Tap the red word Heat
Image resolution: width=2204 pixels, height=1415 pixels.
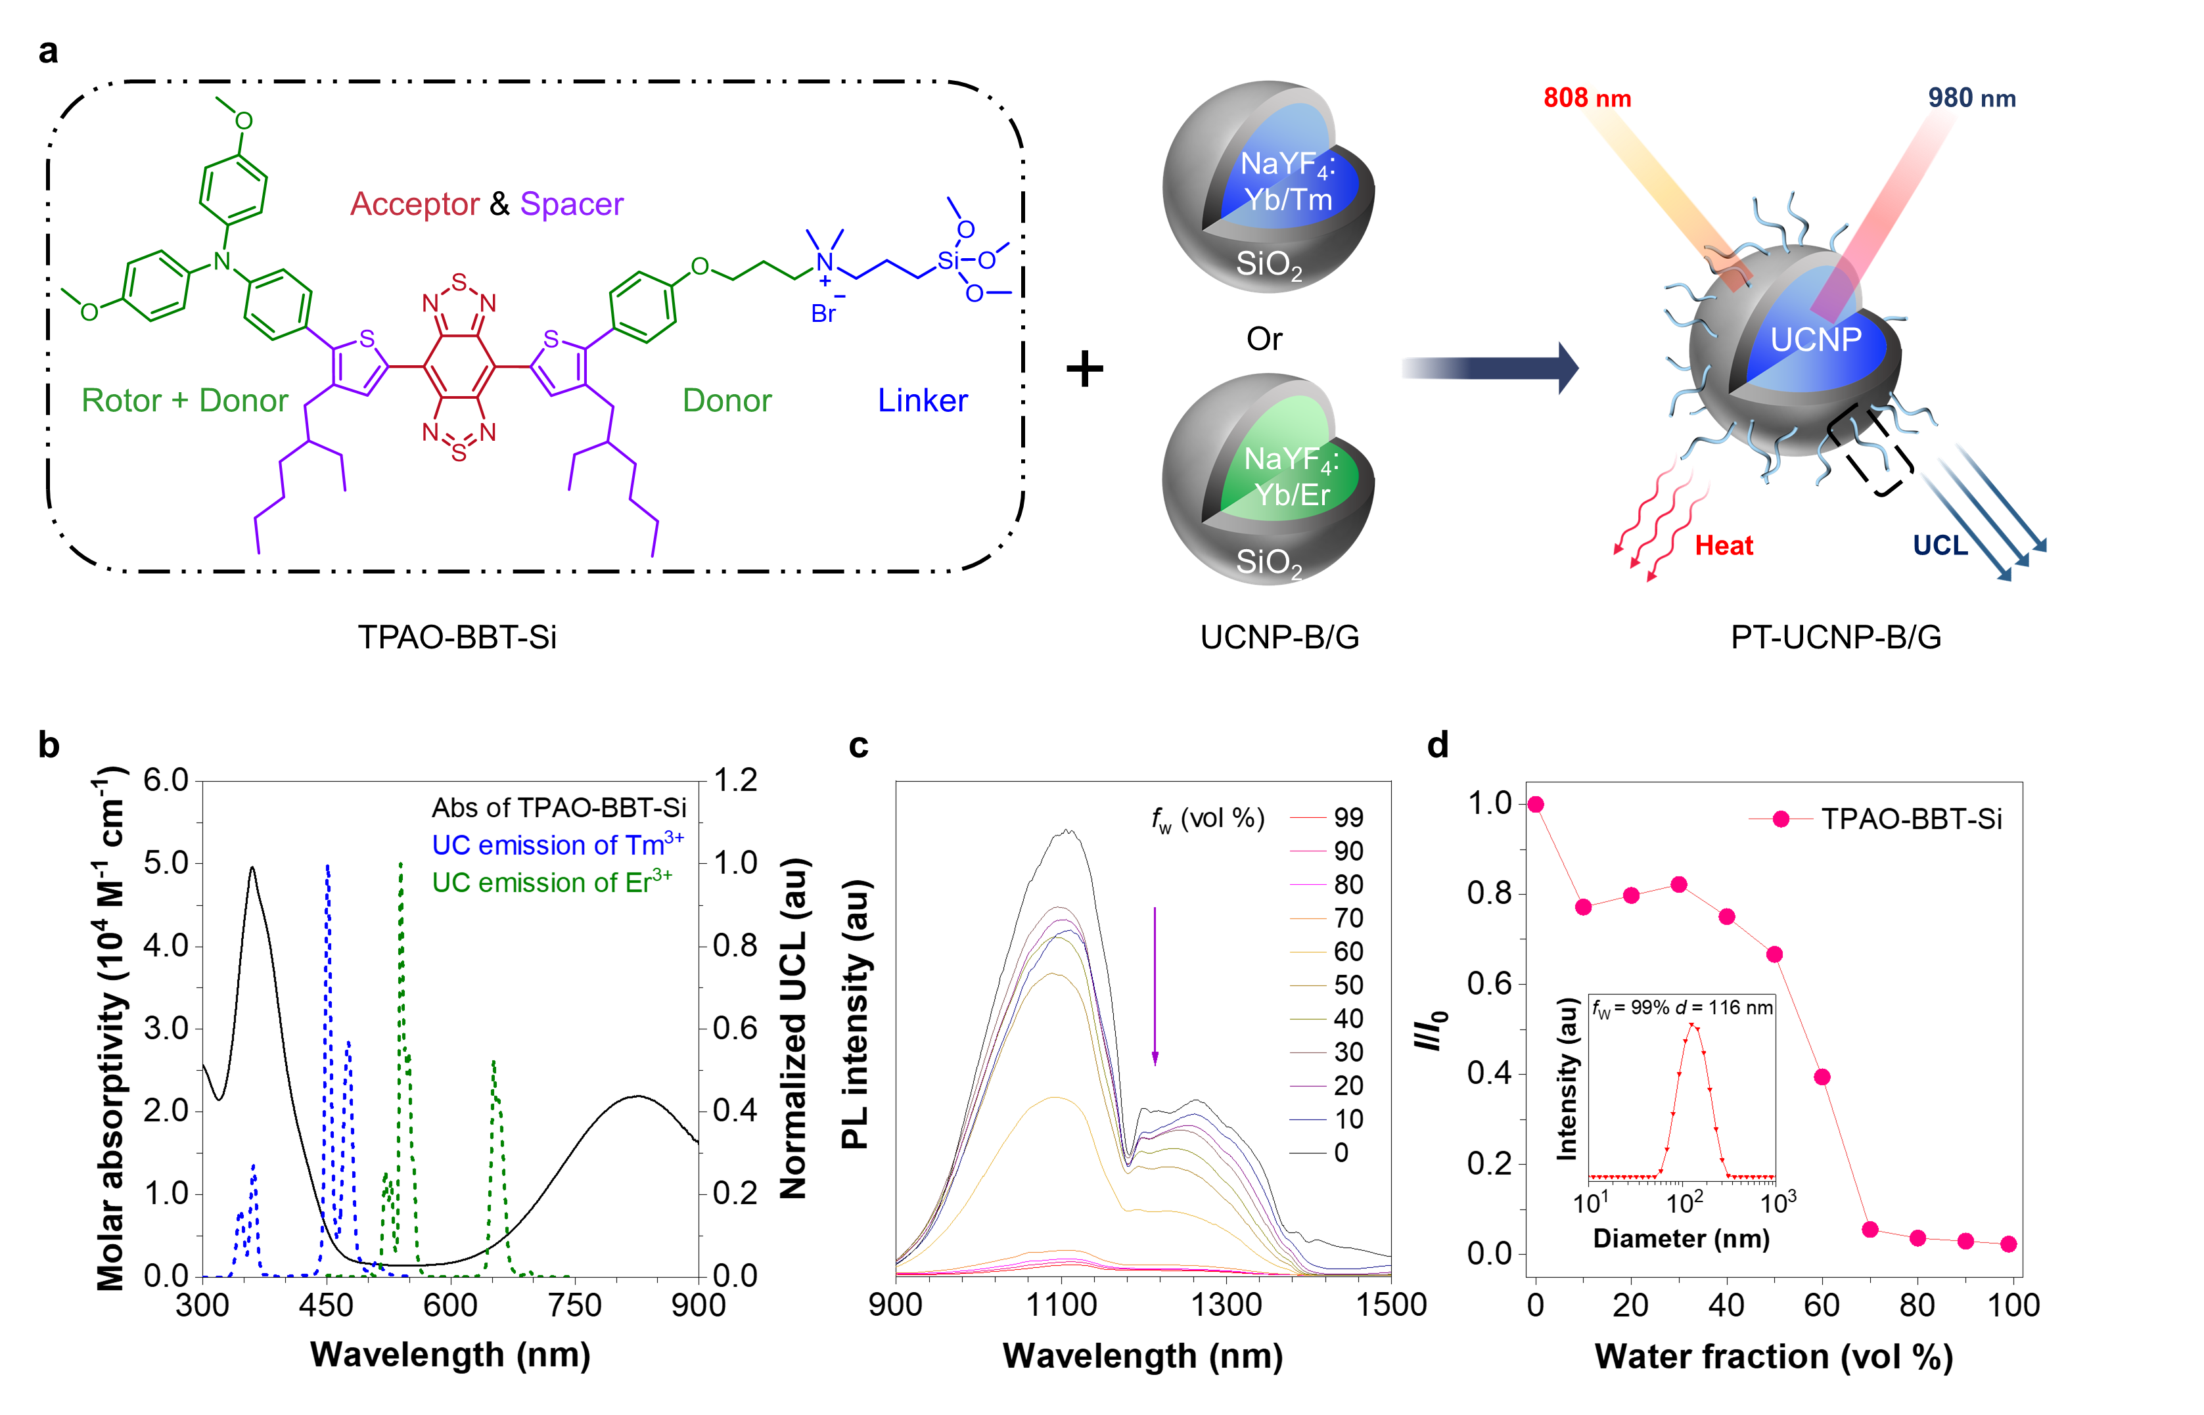point(1723,546)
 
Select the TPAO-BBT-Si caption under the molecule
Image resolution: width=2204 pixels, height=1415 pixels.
point(457,637)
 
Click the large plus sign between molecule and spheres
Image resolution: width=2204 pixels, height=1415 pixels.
point(1084,369)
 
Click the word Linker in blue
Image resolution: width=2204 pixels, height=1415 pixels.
point(922,401)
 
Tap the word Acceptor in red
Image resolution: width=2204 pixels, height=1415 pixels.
point(415,204)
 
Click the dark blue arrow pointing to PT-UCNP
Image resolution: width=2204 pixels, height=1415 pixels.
point(1489,369)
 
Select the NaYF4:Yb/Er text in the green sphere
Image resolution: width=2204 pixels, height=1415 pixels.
point(1291,477)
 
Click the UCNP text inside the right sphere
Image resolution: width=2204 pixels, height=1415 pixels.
point(1815,340)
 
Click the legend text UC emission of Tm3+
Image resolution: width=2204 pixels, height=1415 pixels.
point(557,844)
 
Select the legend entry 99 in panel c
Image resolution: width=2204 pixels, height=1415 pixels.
point(1348,818)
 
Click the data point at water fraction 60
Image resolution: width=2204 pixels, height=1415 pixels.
point(1822,1077)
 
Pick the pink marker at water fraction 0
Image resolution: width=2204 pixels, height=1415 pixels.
point(1535,805)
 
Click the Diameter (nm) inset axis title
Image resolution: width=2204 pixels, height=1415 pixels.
point(1681,1238)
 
